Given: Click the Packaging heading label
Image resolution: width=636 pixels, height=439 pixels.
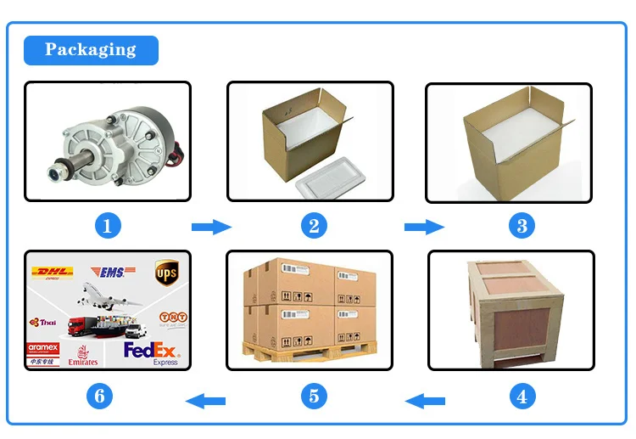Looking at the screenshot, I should pos(91,50).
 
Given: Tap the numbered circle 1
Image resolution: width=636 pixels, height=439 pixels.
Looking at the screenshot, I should pos(107,226).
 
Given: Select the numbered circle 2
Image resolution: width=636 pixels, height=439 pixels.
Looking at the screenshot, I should pos(314,226).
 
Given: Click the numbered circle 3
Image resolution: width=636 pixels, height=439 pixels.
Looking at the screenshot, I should pos(522,226).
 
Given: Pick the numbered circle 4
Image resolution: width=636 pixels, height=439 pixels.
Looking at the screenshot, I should pos(522,396).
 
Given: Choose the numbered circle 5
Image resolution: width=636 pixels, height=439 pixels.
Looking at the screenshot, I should pos(314,396).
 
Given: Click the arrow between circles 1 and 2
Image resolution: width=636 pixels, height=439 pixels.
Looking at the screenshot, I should pos(211,227).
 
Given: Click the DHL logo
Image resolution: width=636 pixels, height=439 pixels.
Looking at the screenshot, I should pos(52,273).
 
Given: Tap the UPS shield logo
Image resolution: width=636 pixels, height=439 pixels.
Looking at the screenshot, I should pos(165,273).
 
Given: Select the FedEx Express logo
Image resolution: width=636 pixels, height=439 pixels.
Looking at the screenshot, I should pos(153,352).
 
